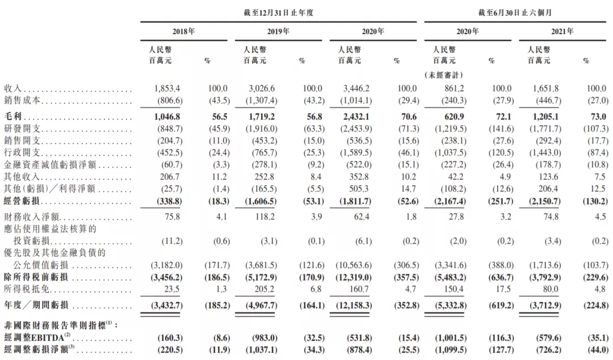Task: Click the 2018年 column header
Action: point(183,32)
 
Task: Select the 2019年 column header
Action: point(278,32)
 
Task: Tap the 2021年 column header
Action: point(562,32)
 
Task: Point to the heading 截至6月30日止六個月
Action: point(515,12)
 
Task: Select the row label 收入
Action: point(12,89)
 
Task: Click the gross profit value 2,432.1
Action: point(356,115)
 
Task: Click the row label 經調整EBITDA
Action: point(33,338)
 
